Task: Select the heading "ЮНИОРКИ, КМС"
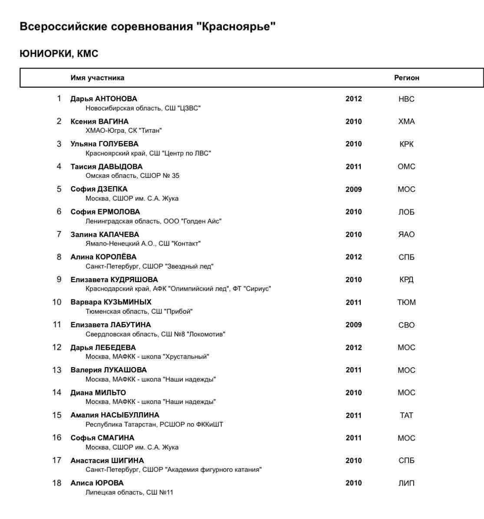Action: (x=59, y=54)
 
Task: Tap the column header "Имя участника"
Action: (x=97, y=78)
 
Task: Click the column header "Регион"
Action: (x=406, y=78)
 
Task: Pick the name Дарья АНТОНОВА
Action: (x=104, y=99)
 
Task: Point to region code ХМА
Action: (x=406, y=122)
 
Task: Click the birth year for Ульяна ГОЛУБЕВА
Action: (x=353, y=144)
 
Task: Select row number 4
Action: (x=59, y=167)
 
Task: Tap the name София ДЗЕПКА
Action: (x=99, y=189)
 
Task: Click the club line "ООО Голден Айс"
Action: (x=153, y=221)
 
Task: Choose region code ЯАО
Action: (x=406, y=235)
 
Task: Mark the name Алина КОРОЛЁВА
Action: (x=103, y=257)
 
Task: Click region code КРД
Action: (x=406, y=280)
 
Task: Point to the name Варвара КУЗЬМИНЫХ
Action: (x=111, y=302)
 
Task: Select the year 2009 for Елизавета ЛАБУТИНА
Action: (x=353, y=325)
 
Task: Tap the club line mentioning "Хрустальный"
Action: (x=147, y=357)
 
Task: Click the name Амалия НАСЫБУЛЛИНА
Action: (x=115, y=415)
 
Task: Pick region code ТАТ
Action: (x=406, y=416)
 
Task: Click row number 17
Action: (x=57, y=460)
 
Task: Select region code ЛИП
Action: (x=406, y=483)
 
